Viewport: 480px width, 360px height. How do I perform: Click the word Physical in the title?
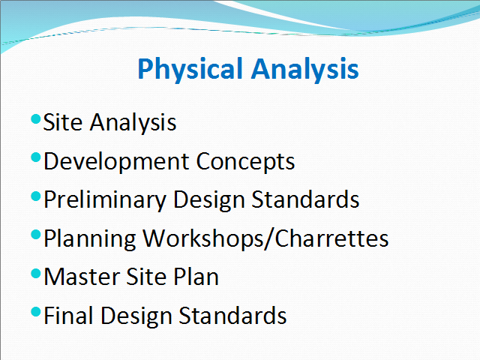pyautogui.click(x=190, y=70)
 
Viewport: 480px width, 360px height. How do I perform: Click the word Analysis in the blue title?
pyautogui.click(x=305, y=70)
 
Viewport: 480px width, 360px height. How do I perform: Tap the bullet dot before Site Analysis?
pyautogui.click(x=36, y=118)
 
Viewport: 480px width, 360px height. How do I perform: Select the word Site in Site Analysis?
pyautogui.click(x=63, y=122)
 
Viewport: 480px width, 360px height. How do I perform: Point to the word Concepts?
pyautogui.click(x=245, y=162)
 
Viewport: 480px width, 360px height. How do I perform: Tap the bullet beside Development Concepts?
pyautogui.click(x=36, y=157)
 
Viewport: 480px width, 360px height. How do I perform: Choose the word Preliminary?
pyautogui.click(x=105, y=200)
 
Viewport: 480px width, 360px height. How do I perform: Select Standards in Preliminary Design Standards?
pyautogui.click(x=305, y=199)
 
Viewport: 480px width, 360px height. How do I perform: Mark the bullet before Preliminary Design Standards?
pyautogui.click(x=36, y=196)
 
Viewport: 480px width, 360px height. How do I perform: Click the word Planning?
pyautogui.click(x=90, y=239)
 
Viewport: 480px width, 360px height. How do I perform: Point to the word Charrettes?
pyautogui.click(x=331, y=238)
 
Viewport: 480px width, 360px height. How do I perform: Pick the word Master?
pyautogui.click(x=82, y=277)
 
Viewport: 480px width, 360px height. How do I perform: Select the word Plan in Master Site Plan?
pyautogui.click(x=196, y=277)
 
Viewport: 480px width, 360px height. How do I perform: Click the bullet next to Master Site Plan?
pyautogui.click(x=36, y=273)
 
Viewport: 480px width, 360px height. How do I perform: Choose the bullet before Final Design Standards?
pyautogui.click(x=36, y=312)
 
